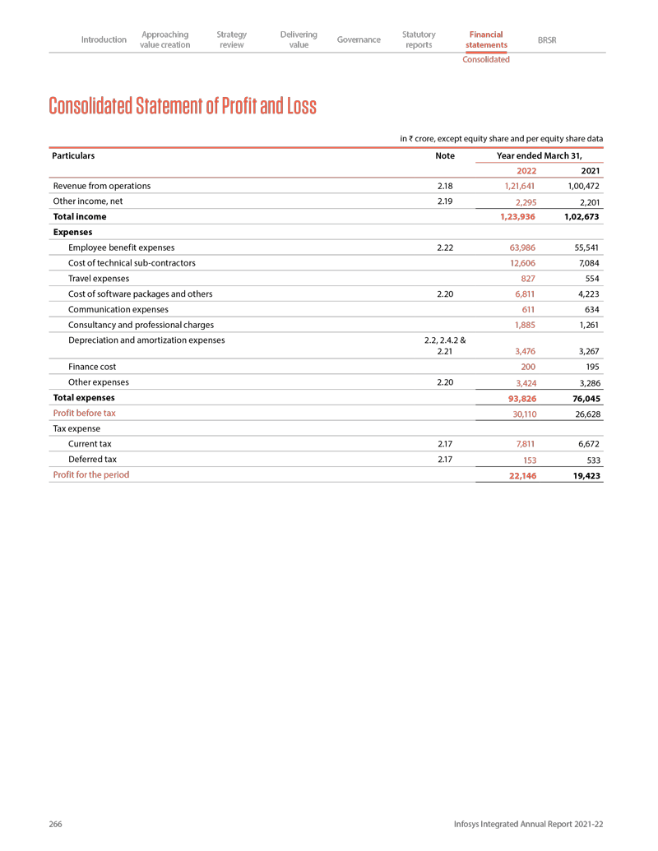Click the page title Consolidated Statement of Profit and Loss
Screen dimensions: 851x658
(x=183, y=107)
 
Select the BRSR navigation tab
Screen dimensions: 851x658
(x=546, y=39)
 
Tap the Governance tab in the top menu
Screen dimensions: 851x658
(x=359, y=39)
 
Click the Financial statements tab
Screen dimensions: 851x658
(x=485, y=39)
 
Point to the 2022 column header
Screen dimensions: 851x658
(x=526, y=171)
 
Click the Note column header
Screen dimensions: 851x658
(x=444, y=155)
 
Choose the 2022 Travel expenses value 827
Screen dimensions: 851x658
(x=527, y=280)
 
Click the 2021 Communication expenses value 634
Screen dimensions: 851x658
(x=591, y=310)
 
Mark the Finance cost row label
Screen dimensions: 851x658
(x=92, y=368)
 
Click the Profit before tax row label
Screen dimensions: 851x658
(x=84, y=413)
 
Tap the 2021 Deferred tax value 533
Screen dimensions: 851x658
(x=591, y=460)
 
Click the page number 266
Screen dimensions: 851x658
(x=56, y=824)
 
